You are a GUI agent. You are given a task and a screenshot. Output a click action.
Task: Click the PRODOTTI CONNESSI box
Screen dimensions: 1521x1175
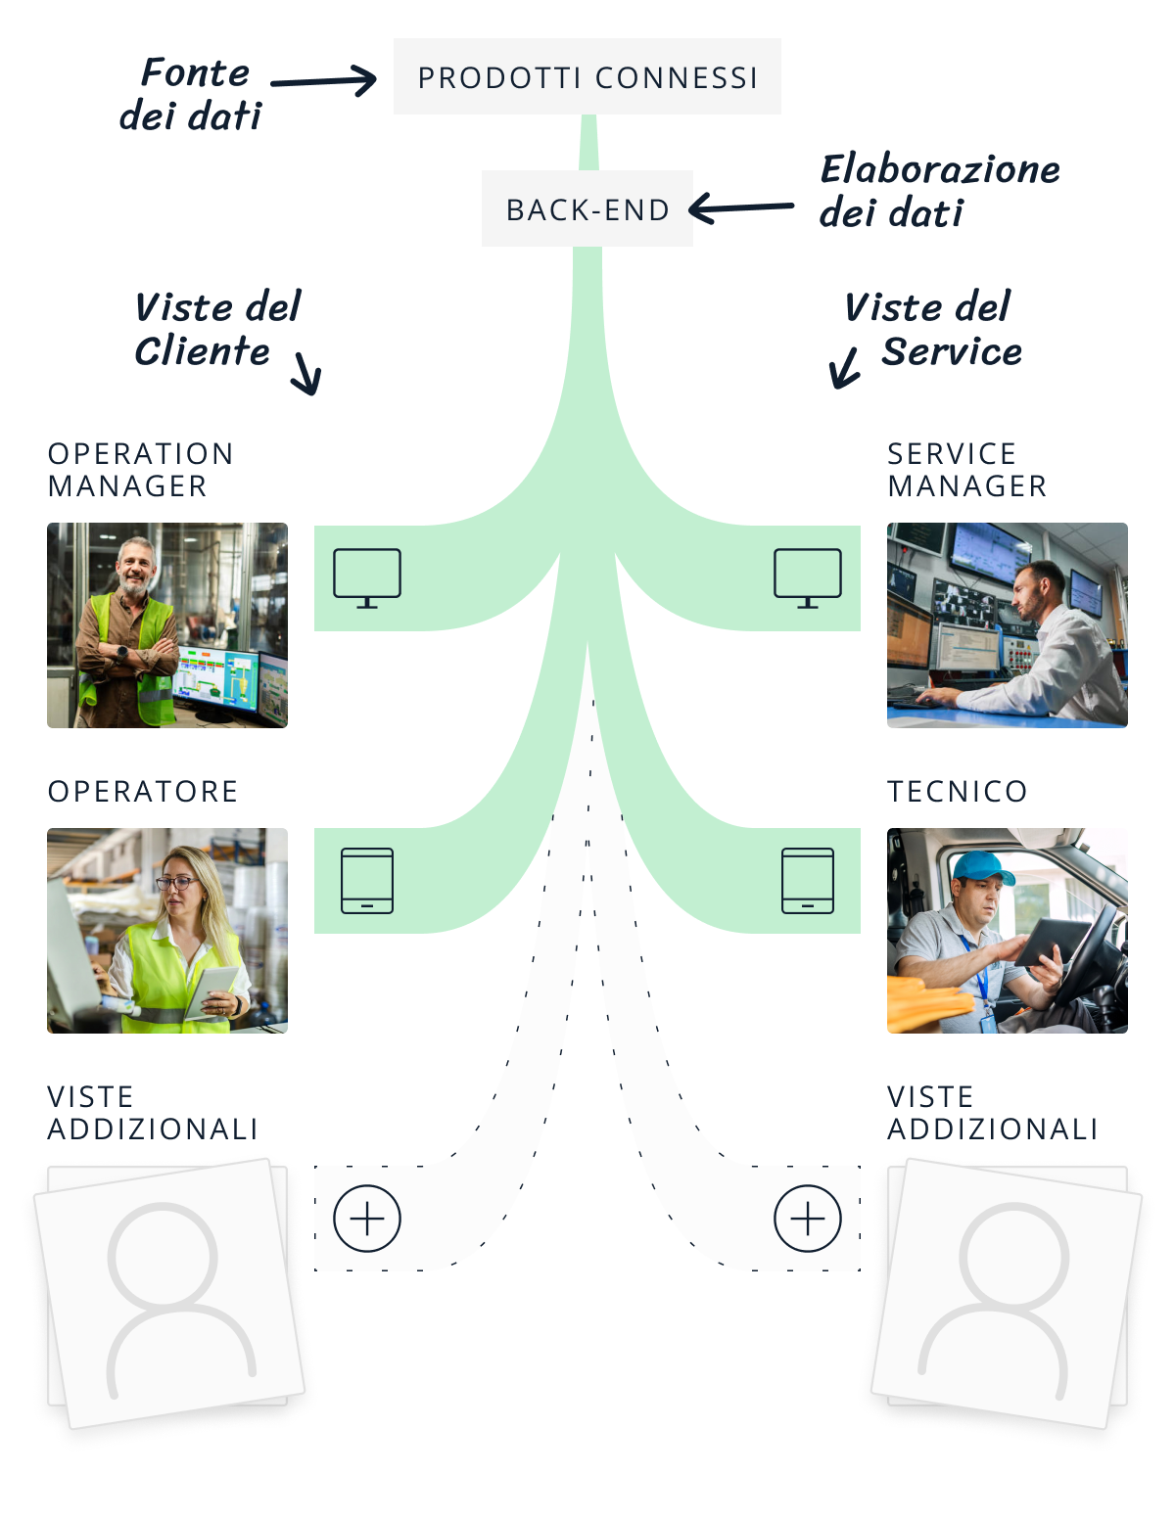pyautogui.click(x=587, y=77)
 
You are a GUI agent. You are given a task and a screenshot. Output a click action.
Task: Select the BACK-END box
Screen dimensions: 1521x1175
pyautogui.click(x=587, y=209)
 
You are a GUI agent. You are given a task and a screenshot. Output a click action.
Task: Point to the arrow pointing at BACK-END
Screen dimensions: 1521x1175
pyautogui.click(x=741, y=207)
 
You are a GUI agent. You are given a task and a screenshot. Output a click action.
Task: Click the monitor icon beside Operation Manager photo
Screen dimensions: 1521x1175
pyautogui.click(x=367, y=577)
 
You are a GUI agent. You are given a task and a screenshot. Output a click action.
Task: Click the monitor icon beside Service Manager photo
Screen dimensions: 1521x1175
pyautogui.click(x=808, y=577)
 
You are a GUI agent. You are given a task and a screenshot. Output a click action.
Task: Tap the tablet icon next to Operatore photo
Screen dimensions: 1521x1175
pyautogui.click(x=367, y=881)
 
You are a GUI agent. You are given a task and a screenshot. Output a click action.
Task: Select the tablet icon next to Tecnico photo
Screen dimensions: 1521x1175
pyautogui.click(x=808, y=881)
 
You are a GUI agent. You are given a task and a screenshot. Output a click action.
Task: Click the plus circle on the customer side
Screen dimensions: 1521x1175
pyautogui.click(x=367, y=1219)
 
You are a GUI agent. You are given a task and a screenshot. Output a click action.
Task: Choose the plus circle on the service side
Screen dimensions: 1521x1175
pyautogui.click(x=808, y=1219)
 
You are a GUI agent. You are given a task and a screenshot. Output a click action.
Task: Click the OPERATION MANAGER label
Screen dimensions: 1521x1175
pyautogui.click(x=140, y=470)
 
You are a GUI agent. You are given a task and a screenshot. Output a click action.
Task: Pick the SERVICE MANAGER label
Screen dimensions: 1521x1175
pyautogui.click(x=966, y=470)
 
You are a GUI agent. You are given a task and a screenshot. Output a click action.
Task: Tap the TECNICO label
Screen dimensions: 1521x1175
pyautogui.click(x=957, y=791)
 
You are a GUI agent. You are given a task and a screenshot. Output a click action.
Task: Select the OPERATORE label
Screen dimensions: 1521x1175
pyautogui.click(x=143, y=791)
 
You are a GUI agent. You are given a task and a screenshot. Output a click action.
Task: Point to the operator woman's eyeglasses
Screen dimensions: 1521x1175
pyautogui.click(x=176, y=882)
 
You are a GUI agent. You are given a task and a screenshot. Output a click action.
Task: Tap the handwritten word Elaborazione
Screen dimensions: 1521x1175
pyautogui.click(x=940, y=169)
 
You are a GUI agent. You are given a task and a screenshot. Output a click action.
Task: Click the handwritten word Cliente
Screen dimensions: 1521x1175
pyautogui.click(x=202, y=351)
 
